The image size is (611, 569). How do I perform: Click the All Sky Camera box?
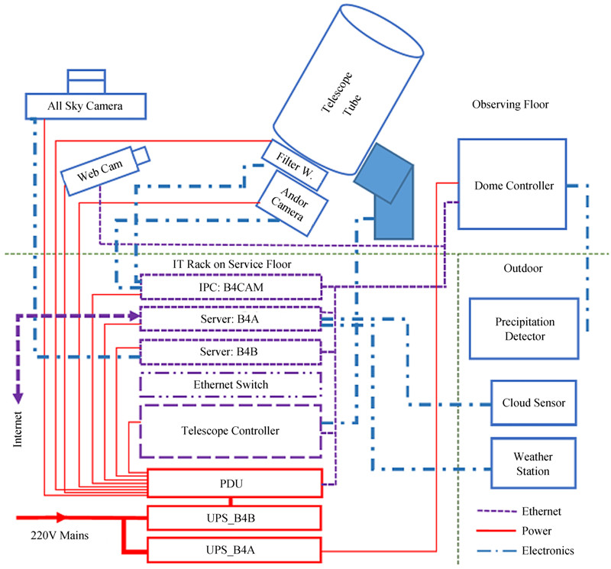point(86,105)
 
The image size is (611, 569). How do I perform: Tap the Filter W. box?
point(294,164)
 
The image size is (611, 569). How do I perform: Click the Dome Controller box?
point(511,184)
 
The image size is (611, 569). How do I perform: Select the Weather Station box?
point(532,464)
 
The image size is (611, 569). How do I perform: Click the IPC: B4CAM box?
point(231,289)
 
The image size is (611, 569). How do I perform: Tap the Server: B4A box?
point(231,319)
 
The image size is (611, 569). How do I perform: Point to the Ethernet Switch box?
point(231,384)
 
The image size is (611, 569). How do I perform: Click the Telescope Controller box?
point(231,431)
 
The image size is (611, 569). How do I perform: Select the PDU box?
point(234,484)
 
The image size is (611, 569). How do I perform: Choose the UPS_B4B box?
point(234,519)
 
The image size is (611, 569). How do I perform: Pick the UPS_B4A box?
point(234,550)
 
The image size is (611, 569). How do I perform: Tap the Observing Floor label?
point(510,105)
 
